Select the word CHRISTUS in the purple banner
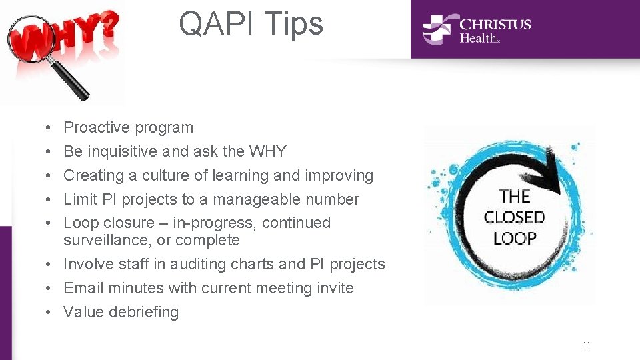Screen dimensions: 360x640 click(x=495, y=24)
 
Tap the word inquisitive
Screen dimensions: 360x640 click(x=122, y=151)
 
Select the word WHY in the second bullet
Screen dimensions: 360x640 click(x=267, y=151)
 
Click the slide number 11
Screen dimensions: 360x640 click(x=586, y=344)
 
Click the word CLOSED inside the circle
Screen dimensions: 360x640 click(x=514, y=217)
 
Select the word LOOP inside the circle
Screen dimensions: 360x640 click(x=514, y=238)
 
